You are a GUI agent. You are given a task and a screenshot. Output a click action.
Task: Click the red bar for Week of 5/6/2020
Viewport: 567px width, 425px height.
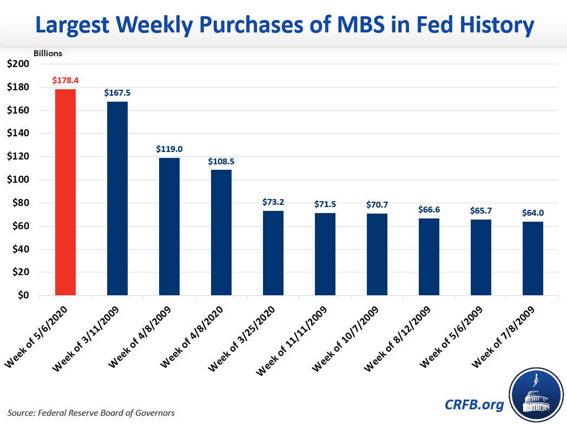click(65, 192)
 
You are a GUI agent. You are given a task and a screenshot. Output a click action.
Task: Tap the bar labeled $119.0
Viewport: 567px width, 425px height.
click(169, 227)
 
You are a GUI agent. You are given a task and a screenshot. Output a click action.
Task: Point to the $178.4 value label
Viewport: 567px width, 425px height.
click(65, 80)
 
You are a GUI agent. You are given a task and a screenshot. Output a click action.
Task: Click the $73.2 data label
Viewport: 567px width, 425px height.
click(273, 202)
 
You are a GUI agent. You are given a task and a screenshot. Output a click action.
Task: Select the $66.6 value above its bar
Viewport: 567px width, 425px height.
click(429, 209)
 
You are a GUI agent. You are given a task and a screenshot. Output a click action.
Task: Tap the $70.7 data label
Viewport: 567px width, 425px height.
click(377, 205)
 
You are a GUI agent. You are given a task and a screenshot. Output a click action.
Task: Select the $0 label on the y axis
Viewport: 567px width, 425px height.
click(23, 296)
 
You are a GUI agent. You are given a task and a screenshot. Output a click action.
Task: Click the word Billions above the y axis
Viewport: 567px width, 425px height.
click(48, 53)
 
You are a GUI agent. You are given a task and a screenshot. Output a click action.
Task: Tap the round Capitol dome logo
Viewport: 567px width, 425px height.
click(533, 395)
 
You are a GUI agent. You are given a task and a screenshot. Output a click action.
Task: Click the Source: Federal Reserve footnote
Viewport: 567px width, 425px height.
click(91, 413)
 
